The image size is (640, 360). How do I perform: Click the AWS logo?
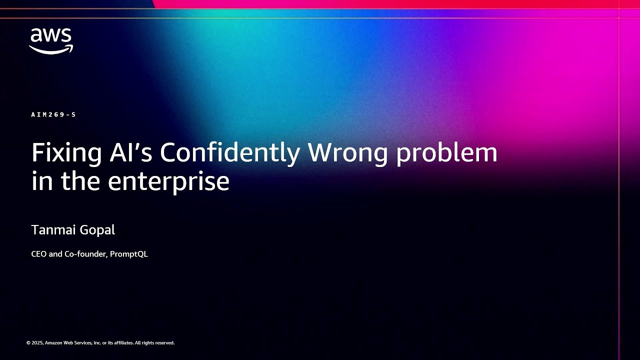pyautogui.click(x=51, y=40)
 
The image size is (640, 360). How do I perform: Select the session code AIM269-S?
pyautogui.click(x=53, y=114)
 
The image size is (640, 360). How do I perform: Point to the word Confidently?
pyautogui.click(x=229, y=153)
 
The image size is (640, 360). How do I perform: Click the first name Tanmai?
pyautogui.click(x=51, y=230)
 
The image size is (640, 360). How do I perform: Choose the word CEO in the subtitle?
pyautogui.click(x=39, y=254)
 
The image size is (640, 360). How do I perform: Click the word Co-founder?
pyautogui.click(x=85, y=254)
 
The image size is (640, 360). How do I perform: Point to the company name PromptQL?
pyautogui.click(x=129, y=254)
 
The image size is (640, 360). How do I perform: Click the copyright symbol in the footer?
pyautogui.click(x=28, y=343)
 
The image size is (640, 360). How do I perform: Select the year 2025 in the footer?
pyautogui.click(x=37, y=343)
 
